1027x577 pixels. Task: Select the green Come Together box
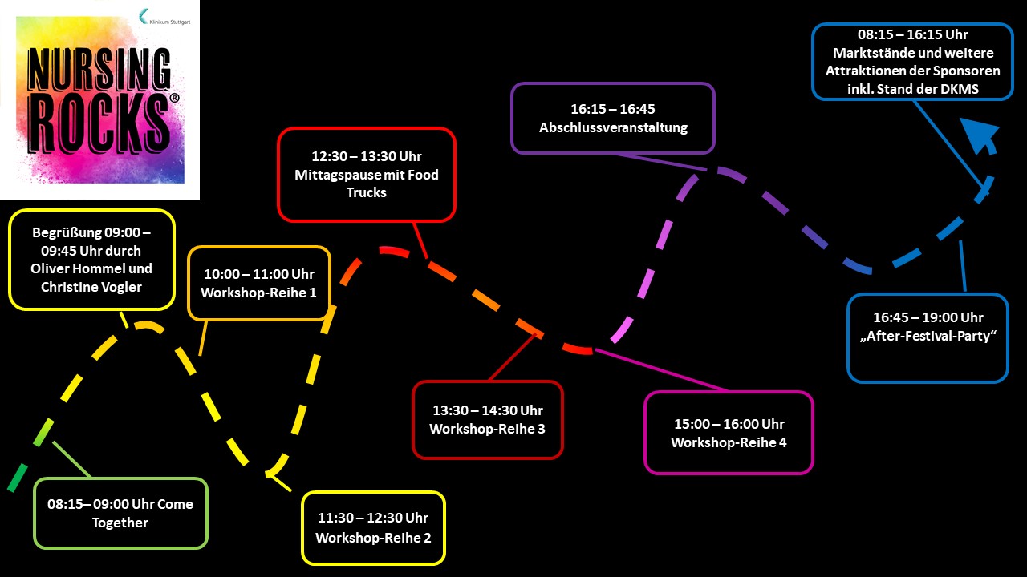[120, 513]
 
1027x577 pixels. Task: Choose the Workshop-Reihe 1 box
[258, 283]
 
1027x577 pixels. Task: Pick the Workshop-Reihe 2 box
[373, 528]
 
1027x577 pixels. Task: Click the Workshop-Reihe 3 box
[487, 420]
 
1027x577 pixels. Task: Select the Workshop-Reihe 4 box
[729, 433]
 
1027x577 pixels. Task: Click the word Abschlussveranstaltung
[613, 127]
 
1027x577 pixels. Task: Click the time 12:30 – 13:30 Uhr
[367, 156]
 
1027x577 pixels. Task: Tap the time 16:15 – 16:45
[613, 109]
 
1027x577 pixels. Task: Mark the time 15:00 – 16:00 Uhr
[729, 424]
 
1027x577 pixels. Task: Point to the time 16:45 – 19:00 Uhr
[927, 318]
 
